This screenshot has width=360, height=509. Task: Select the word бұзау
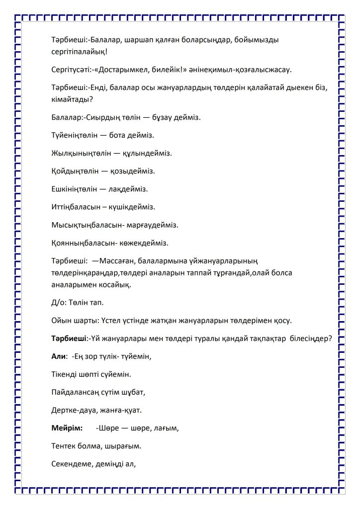coord(151,117)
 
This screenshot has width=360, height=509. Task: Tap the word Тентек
coord(65,445)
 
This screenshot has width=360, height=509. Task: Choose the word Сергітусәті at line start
coord(72,70)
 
